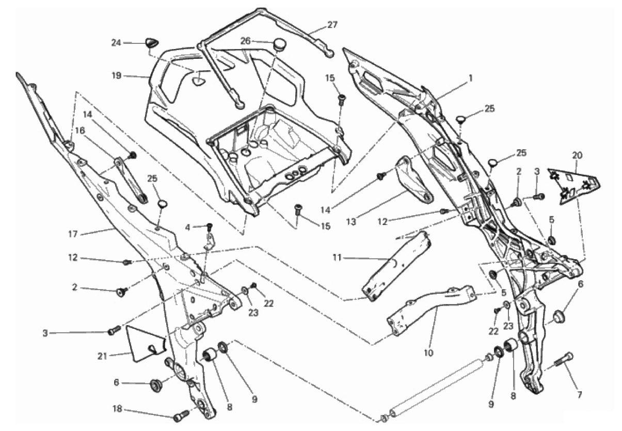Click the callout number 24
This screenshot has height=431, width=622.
pyautogui.click(x=116, y=43)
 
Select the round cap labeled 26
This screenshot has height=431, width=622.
pyautogui.click(x=280, y=43)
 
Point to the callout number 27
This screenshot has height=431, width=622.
pyautogui.click(x=332, y=24)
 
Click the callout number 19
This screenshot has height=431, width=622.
pyautogui.click(x=116, y=75)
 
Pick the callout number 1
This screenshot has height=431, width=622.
pyautogui.click(x=470, y=78)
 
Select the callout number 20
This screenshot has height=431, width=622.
pyautogui.click(x=577, y=154)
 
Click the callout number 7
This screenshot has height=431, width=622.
pyautogui.click(x=580, y=395)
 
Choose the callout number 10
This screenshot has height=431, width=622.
pyautogui.click(x=428, y=354)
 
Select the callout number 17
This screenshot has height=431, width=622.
pyautogui.click(x=73, y=234)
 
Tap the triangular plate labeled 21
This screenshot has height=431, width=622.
pyautogui.click(x=144, y=341)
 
